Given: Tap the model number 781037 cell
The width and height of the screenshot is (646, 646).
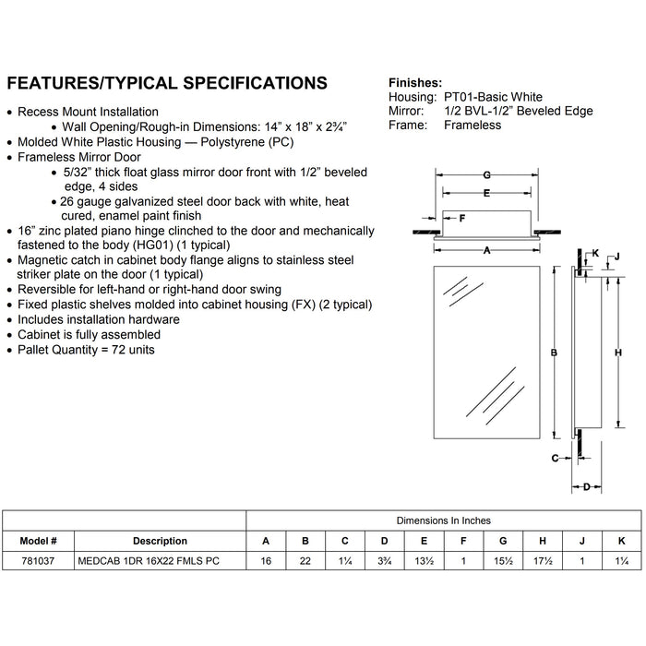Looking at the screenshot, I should tap(38, 561).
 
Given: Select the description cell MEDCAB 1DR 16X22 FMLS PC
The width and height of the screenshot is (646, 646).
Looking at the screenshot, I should tap(147, 561).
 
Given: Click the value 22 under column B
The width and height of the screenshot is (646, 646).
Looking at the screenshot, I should tap(305, 561).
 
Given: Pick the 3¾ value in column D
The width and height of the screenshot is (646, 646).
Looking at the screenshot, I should tap(384, 561).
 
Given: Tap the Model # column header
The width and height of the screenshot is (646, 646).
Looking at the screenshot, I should tap(38, 541).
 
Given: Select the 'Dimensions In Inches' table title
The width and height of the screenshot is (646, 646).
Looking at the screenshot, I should tap(444, 520).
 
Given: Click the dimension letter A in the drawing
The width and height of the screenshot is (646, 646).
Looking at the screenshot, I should tap(485, 248).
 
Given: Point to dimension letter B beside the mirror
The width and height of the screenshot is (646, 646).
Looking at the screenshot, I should tap(552, 353).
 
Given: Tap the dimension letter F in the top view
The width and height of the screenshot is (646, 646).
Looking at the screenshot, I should tap(462, 219).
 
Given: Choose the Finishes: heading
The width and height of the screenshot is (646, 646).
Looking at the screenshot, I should tap(415, 81).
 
